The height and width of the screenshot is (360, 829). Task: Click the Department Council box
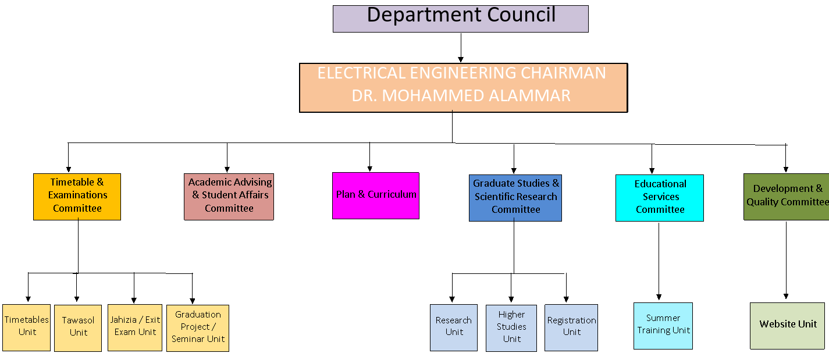tap(460, 19)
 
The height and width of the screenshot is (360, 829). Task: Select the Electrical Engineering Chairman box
tap(463, 87)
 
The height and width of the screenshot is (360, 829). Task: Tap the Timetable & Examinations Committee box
tap(77, 197)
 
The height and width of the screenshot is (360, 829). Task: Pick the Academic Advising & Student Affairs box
tap(229, 197)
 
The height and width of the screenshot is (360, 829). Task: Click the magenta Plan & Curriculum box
tap(375, 195)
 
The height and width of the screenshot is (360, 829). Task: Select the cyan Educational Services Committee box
tap(659, 198)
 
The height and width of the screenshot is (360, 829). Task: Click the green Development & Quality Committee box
tap(786, 197)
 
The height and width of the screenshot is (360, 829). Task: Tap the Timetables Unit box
tap(26, 327)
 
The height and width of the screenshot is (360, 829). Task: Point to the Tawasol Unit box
tap(78, 328)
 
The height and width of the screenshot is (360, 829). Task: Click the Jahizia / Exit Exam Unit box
tap(135, 327)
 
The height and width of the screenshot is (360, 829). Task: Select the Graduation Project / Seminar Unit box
tap(198, 328)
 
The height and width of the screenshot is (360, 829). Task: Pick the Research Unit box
tap(453, 327)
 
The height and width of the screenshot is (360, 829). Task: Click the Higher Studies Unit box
tap(511, 328)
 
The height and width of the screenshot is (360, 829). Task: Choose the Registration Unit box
tap(571, 327)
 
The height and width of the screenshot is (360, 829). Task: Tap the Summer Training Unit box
tap(663, 326)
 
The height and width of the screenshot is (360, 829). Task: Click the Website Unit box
tap(788, 326)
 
